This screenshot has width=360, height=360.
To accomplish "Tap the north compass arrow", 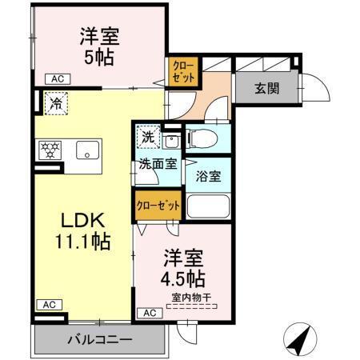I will click(x=299, y=340).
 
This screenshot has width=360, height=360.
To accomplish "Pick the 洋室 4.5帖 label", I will click(x=184, y=269).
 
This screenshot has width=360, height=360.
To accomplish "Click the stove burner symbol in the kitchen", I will click(x=49, y=149).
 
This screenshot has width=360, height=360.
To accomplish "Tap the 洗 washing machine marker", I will click(x=148, y=136).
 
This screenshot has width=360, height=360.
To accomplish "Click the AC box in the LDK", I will click(x=47, y=304).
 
